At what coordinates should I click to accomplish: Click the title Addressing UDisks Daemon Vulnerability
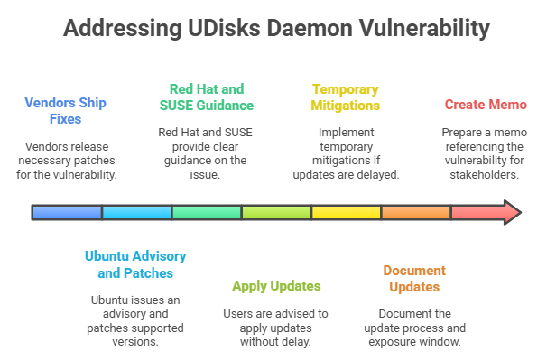pyautogui.click(x=277, y=28)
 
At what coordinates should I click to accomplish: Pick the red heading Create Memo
pyautogui.click(x=486, y=105)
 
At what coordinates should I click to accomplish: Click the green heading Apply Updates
pyautogui.click(x=276, y=286)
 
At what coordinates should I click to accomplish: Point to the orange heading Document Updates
pyautogui.click(x=414, y=279)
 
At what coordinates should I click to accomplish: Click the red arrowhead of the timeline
pyautogui.click(x=510, y=213)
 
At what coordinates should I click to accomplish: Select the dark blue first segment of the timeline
pyautogui.click(x=67, y=213)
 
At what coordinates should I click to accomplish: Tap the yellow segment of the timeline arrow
pyautogui.click(x=346, y=213)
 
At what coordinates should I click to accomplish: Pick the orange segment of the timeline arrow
pyautogui.click(x=416, y=213)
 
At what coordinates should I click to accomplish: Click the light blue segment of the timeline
pyautogui.click(x=136, y=213)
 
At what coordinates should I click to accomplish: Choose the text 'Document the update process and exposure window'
pyautogui.click(x=416, y=328)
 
